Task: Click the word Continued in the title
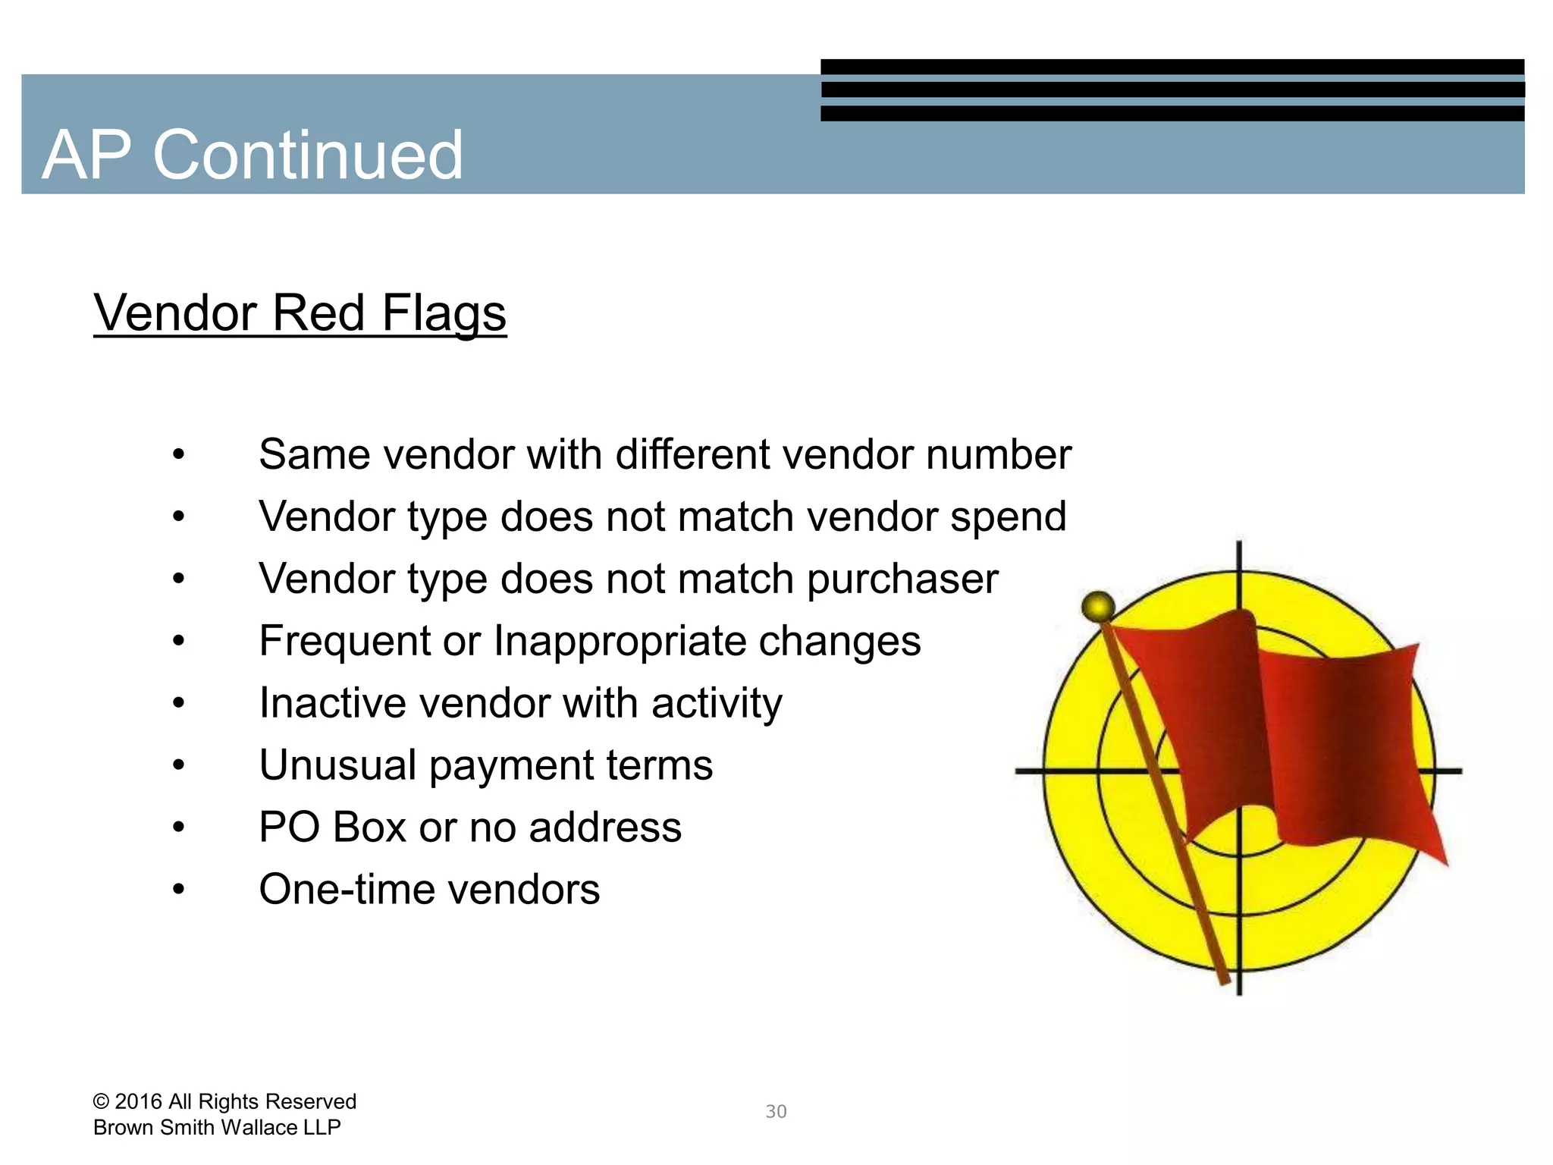tap(308, 155)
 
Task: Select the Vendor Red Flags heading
tap(300, 312)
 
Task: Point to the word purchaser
tap(902, 579)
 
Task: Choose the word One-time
tap(346, 889)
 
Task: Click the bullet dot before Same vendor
tap(178, 455)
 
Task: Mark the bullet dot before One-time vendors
tap(178, 890)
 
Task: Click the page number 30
tap(776, 1111)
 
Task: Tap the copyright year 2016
tap(138, 1101)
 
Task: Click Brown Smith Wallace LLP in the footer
tap(217, 1128)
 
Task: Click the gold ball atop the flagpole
tap(1097, 607)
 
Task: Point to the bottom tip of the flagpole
tap(1224, 981)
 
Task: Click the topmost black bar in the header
tap(1172, 67)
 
